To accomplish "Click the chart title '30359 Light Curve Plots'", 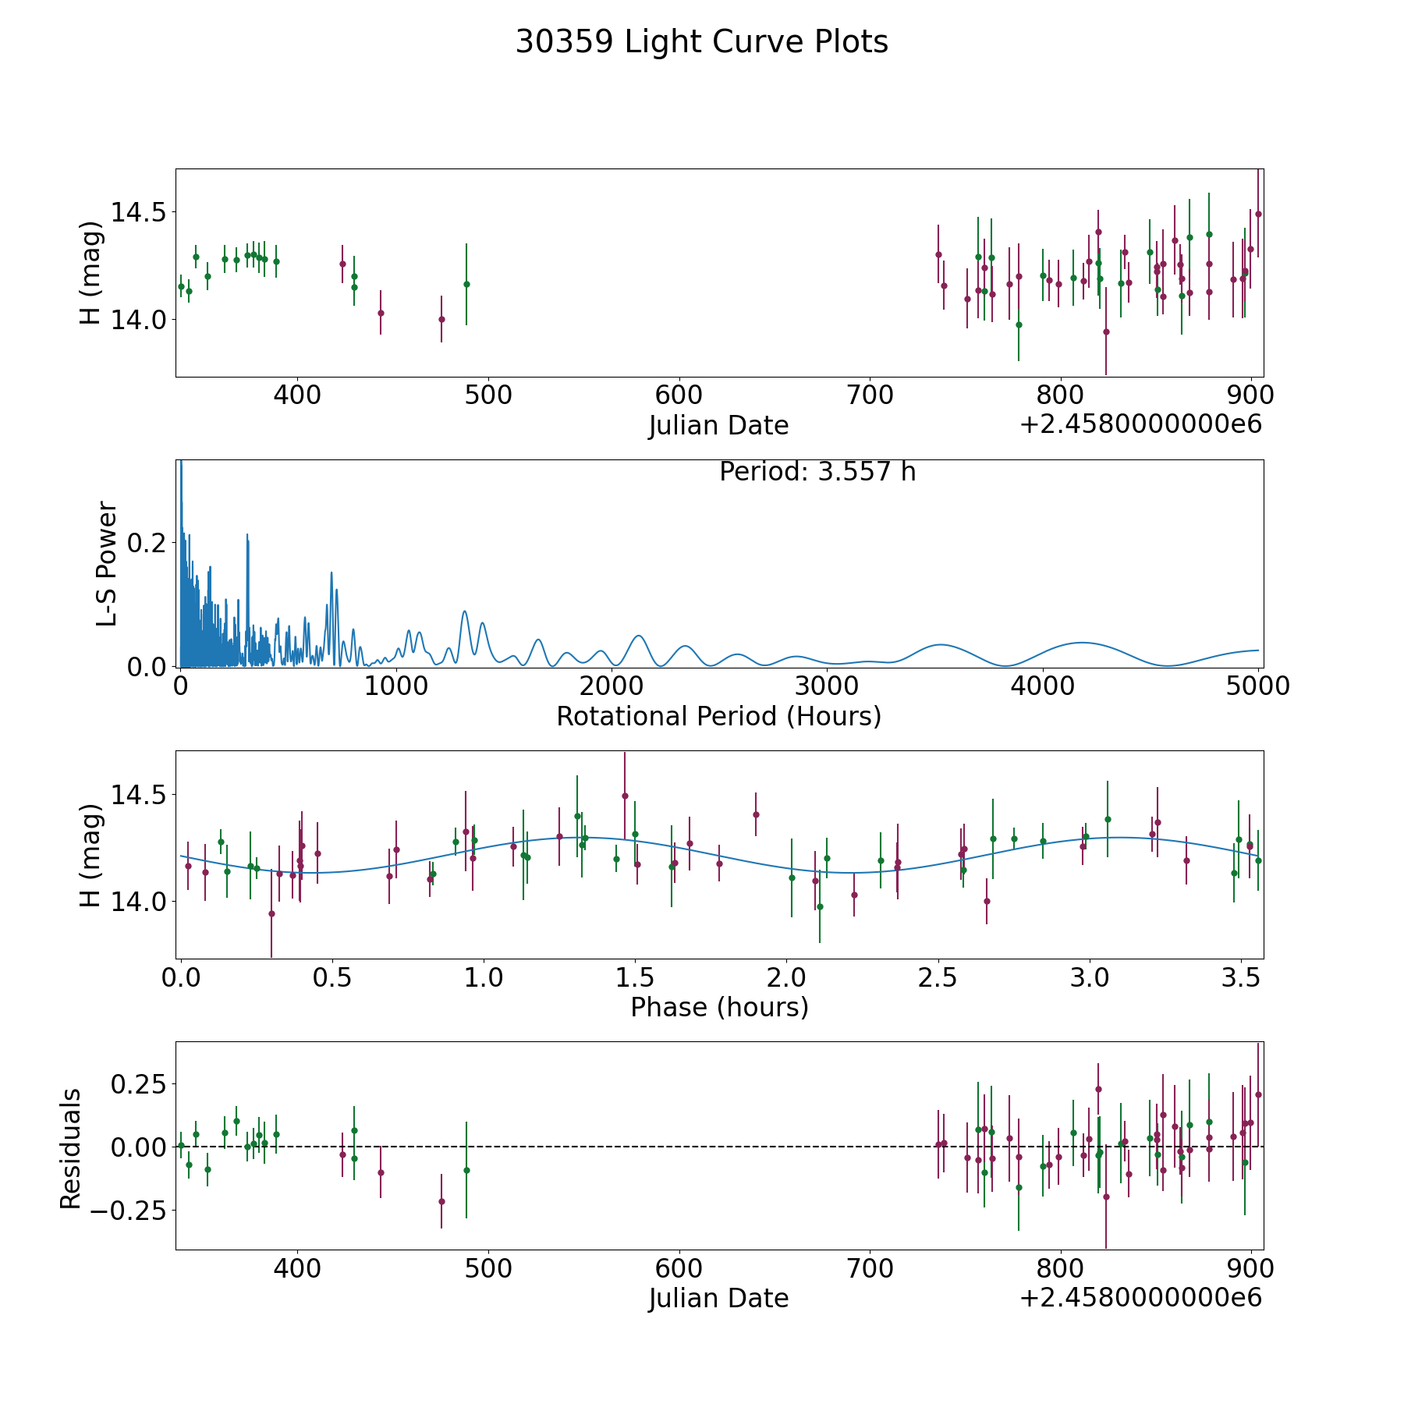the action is pyautogui.click(x=701, y=42).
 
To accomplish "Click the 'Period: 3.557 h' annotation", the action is pyautogui.click(x=817, y=472).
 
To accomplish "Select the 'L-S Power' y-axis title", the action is pyautogui.click(x=107, y=563).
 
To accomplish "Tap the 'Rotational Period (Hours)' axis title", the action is pyautogui.click(x=718, y=716).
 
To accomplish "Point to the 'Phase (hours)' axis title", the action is pyautogui.click(x=719, y=1007).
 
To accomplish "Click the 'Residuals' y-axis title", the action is pyautogui.click(x=71, y=1148).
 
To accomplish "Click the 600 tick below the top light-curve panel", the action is pyautogui.click(x=679, y=395).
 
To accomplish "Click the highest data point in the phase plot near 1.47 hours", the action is pyautogui.click(x=625, y=796).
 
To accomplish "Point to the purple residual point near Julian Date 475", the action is pyautogui.click(x=441, y=1201).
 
